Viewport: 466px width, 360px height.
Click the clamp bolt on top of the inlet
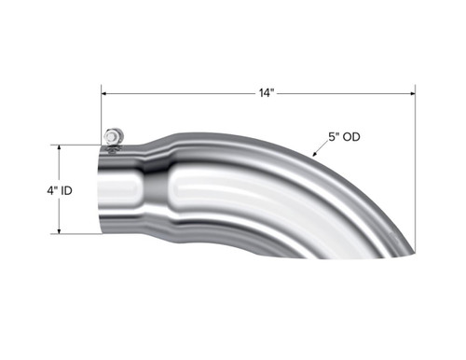(113, 136)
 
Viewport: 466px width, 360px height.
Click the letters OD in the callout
(350, 136)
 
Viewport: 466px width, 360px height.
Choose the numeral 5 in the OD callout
(330, 136)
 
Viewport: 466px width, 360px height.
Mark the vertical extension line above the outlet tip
(415, 168)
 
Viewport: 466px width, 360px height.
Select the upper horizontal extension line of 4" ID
(79, 145)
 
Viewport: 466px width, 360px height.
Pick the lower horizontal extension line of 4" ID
(79, 234)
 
